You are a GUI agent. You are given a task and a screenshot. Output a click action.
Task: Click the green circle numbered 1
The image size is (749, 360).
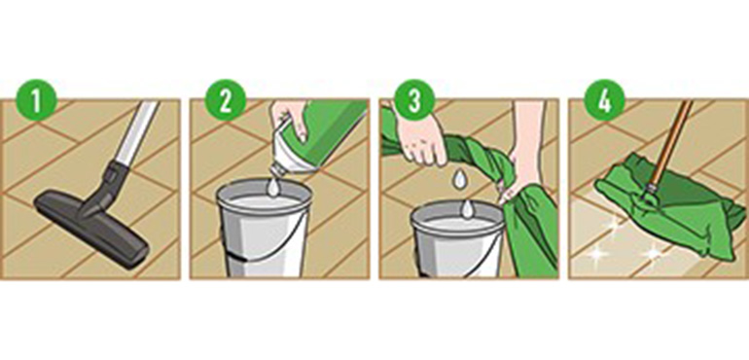point(36,100)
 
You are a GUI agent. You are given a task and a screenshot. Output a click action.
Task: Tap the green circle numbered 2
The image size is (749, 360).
point(226,100)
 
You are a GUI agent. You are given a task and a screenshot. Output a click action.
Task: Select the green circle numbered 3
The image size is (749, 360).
point(414,100)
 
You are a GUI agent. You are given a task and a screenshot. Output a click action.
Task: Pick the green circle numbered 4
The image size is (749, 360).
point(605,100)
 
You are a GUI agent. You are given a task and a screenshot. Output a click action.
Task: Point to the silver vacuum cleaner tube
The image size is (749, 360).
point(137,133)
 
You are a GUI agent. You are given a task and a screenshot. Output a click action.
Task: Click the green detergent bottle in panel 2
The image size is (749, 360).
point(320,135)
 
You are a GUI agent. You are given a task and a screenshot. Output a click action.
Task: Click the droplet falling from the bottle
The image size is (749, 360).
point(273,188)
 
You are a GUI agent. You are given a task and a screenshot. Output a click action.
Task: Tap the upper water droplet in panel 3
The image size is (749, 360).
point(459,179)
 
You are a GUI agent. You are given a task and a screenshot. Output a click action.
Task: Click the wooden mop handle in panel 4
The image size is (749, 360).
point(670,142)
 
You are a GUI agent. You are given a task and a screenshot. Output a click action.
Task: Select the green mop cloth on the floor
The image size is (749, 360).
point(669,203)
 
